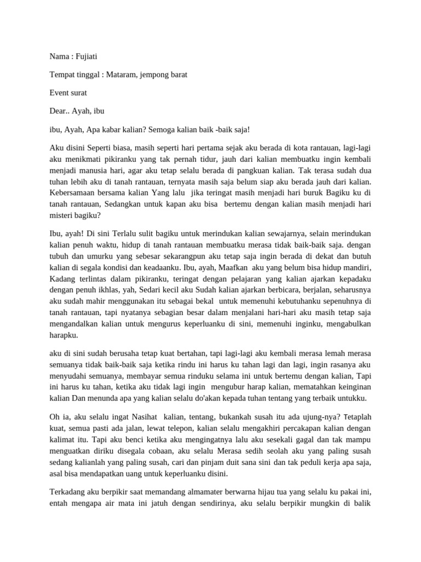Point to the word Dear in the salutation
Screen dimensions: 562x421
click(58, 111)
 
